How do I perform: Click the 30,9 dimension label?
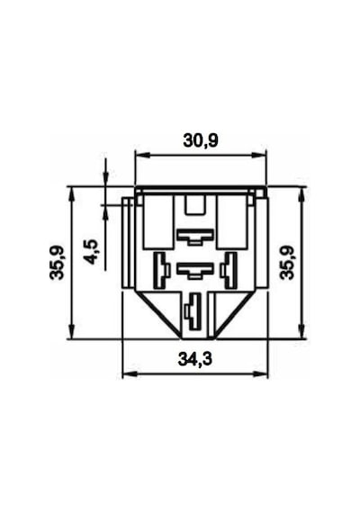pos(201,141)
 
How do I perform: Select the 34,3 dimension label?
pos(195,359)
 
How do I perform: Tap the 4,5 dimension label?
pos(91,252)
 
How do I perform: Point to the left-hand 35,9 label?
pos(57,263)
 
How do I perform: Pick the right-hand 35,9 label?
pos(288,263)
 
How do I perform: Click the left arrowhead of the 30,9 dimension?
pos(141,156)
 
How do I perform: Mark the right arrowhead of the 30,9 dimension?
pos(259,156)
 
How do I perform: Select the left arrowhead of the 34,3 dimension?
pos(130,373)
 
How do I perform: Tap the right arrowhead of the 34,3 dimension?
pos(260,373)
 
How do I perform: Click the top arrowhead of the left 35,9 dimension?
pos(72,194)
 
